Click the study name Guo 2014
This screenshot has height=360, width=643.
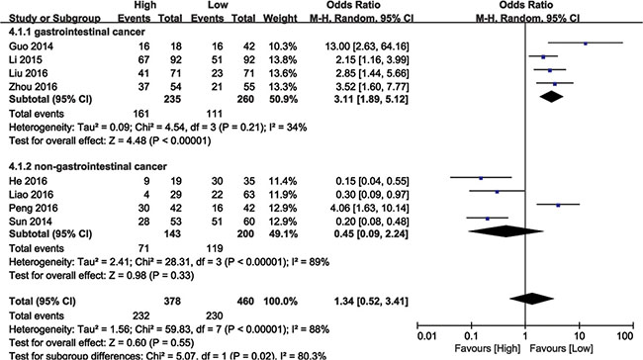pos(32,46)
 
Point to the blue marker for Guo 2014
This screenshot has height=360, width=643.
pos(586,44)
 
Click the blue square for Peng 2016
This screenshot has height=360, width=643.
pos(558,205)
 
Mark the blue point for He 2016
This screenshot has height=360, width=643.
pos(481,178)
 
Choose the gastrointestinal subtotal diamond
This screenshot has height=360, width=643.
pos(552,97)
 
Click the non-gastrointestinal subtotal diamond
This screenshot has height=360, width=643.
pos(505,231)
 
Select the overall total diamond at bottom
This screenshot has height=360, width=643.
pos(531,299)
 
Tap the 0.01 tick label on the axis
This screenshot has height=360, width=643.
pos(427,336)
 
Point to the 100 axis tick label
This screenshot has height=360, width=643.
pos(625,336)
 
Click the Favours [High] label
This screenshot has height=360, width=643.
pos(487,348)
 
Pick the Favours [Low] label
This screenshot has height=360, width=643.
pos(561,348)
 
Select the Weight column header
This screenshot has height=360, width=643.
pos(280,18)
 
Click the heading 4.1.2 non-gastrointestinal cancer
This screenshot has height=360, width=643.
pos(88,166)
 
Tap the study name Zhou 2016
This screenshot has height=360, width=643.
pos(34,87)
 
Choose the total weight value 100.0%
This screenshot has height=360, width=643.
pos(281,302)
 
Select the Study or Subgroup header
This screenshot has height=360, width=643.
pos(54,19)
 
